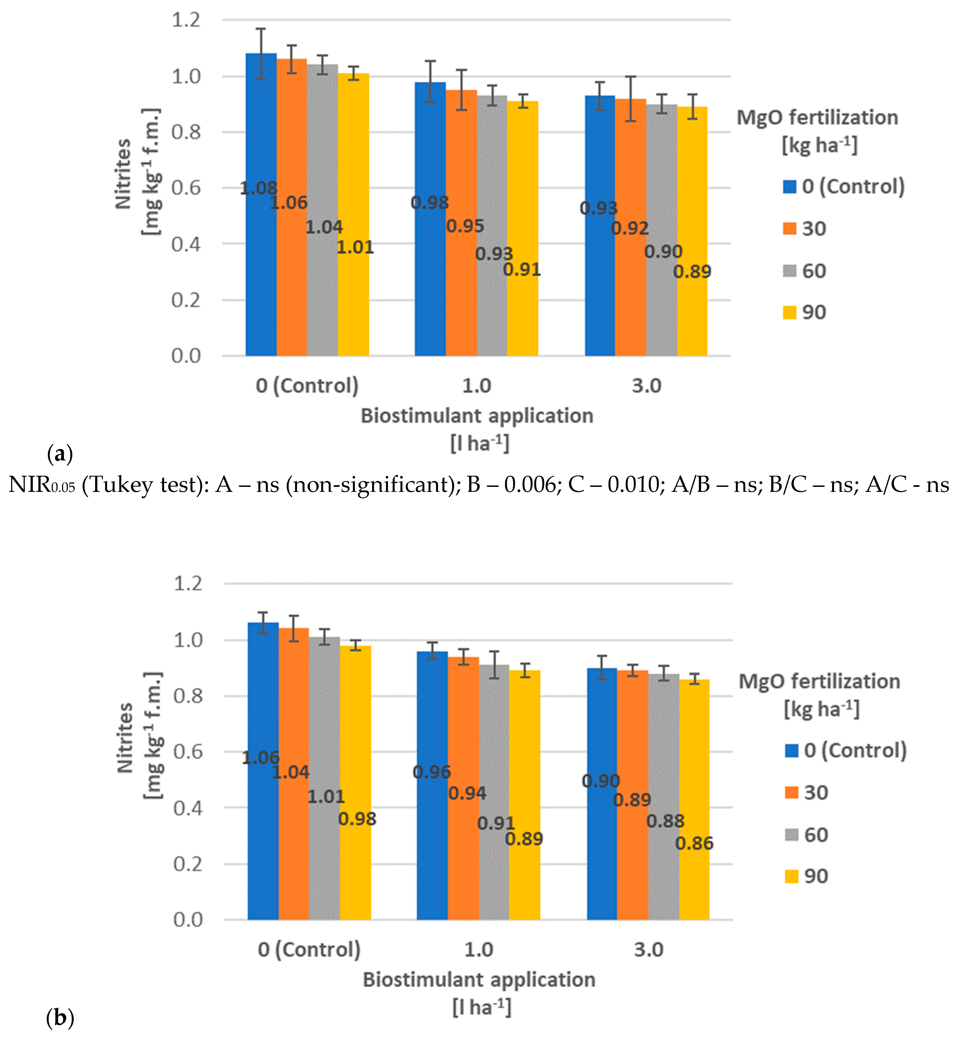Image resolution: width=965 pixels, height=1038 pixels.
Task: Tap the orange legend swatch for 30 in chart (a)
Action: [x=789, y=229]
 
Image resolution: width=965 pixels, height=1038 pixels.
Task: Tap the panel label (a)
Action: [x=60, y=454]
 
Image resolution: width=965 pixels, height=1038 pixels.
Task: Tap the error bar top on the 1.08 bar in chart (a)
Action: [x=261, y=29]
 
